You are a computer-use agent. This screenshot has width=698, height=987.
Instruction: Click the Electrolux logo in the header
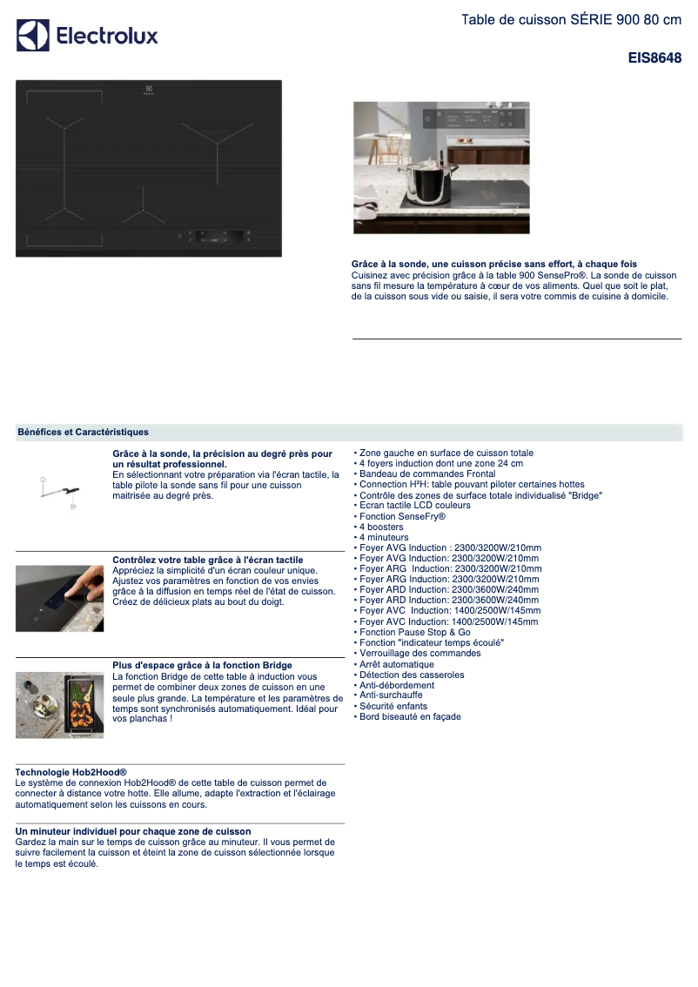coord(87,36)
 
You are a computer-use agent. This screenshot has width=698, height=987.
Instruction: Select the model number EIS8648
coord(654,59)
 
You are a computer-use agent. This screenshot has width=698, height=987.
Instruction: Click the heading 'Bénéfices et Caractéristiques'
coord(83,432)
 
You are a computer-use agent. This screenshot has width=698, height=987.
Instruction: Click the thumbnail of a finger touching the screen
coord(59,598)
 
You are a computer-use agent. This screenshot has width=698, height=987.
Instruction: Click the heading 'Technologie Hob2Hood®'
coord(71,772)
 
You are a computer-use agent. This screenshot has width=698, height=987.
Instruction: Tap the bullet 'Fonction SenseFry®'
coord(402,516)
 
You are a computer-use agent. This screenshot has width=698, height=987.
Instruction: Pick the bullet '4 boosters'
coord(381,527)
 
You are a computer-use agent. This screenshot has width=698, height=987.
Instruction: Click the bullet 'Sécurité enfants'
coord(393,706)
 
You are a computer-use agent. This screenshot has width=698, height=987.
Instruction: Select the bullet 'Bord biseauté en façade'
coord(410,717)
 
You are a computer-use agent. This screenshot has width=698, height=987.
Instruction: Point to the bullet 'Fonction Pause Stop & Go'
coord(414,632)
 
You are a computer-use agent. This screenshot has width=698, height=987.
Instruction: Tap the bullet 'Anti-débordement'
coord(397,685)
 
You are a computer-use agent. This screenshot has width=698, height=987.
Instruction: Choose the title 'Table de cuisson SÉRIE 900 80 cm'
coord(571,20)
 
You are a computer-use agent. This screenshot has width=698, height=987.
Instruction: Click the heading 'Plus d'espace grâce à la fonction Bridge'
coord(202,666)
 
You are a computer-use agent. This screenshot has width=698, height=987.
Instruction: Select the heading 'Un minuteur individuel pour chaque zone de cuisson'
coord(133,831)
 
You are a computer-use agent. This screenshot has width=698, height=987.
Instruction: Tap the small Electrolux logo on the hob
coord(149,89)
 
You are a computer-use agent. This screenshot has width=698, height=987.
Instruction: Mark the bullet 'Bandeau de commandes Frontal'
coord(427,473)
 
